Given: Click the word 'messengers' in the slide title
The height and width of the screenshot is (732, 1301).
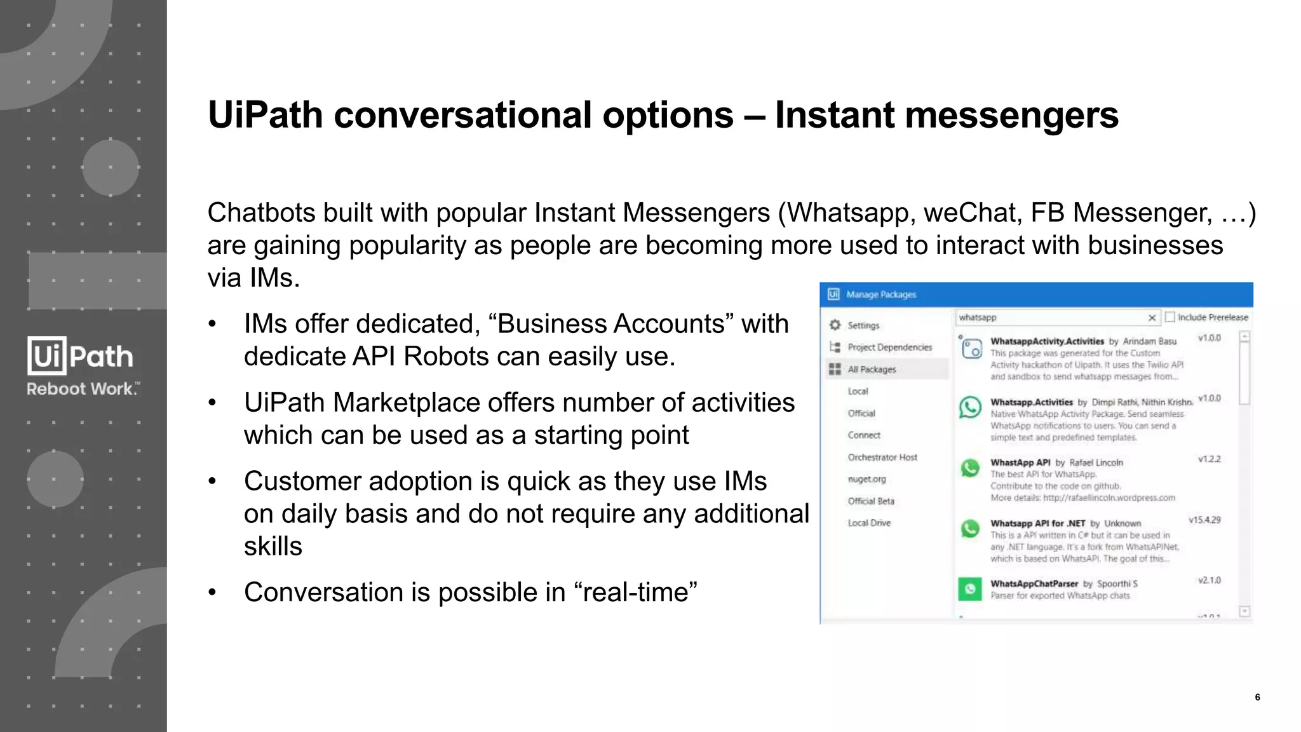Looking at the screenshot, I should coord(1011,116).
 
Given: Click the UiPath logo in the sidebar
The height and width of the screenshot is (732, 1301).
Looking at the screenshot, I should coord(80,356).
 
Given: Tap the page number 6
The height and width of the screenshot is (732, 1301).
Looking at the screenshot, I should coord(1257,697).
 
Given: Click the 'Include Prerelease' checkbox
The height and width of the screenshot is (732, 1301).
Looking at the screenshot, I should coord(1170,317).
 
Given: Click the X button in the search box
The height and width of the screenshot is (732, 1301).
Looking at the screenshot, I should coord(1152,318).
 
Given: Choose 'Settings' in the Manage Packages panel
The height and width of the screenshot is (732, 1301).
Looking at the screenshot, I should coord(863,325).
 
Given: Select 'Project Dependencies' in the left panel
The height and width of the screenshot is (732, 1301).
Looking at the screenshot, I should coord(889,347).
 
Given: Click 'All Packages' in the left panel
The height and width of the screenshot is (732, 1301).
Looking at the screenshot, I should coord(872,369).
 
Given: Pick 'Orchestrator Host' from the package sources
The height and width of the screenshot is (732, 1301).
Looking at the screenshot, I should coord(882,457).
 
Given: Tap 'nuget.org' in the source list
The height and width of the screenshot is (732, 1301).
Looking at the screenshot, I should coord(866,479).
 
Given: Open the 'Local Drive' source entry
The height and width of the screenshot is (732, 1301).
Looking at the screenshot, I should coord(869,523).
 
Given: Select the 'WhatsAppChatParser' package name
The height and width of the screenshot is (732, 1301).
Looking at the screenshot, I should coord(1034,583).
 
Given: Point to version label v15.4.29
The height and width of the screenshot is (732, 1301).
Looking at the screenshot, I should coord(1204,520).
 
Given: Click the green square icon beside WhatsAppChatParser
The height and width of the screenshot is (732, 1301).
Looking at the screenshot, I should coord(970,589).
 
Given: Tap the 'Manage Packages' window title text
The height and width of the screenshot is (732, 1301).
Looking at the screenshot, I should coord(881,295).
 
